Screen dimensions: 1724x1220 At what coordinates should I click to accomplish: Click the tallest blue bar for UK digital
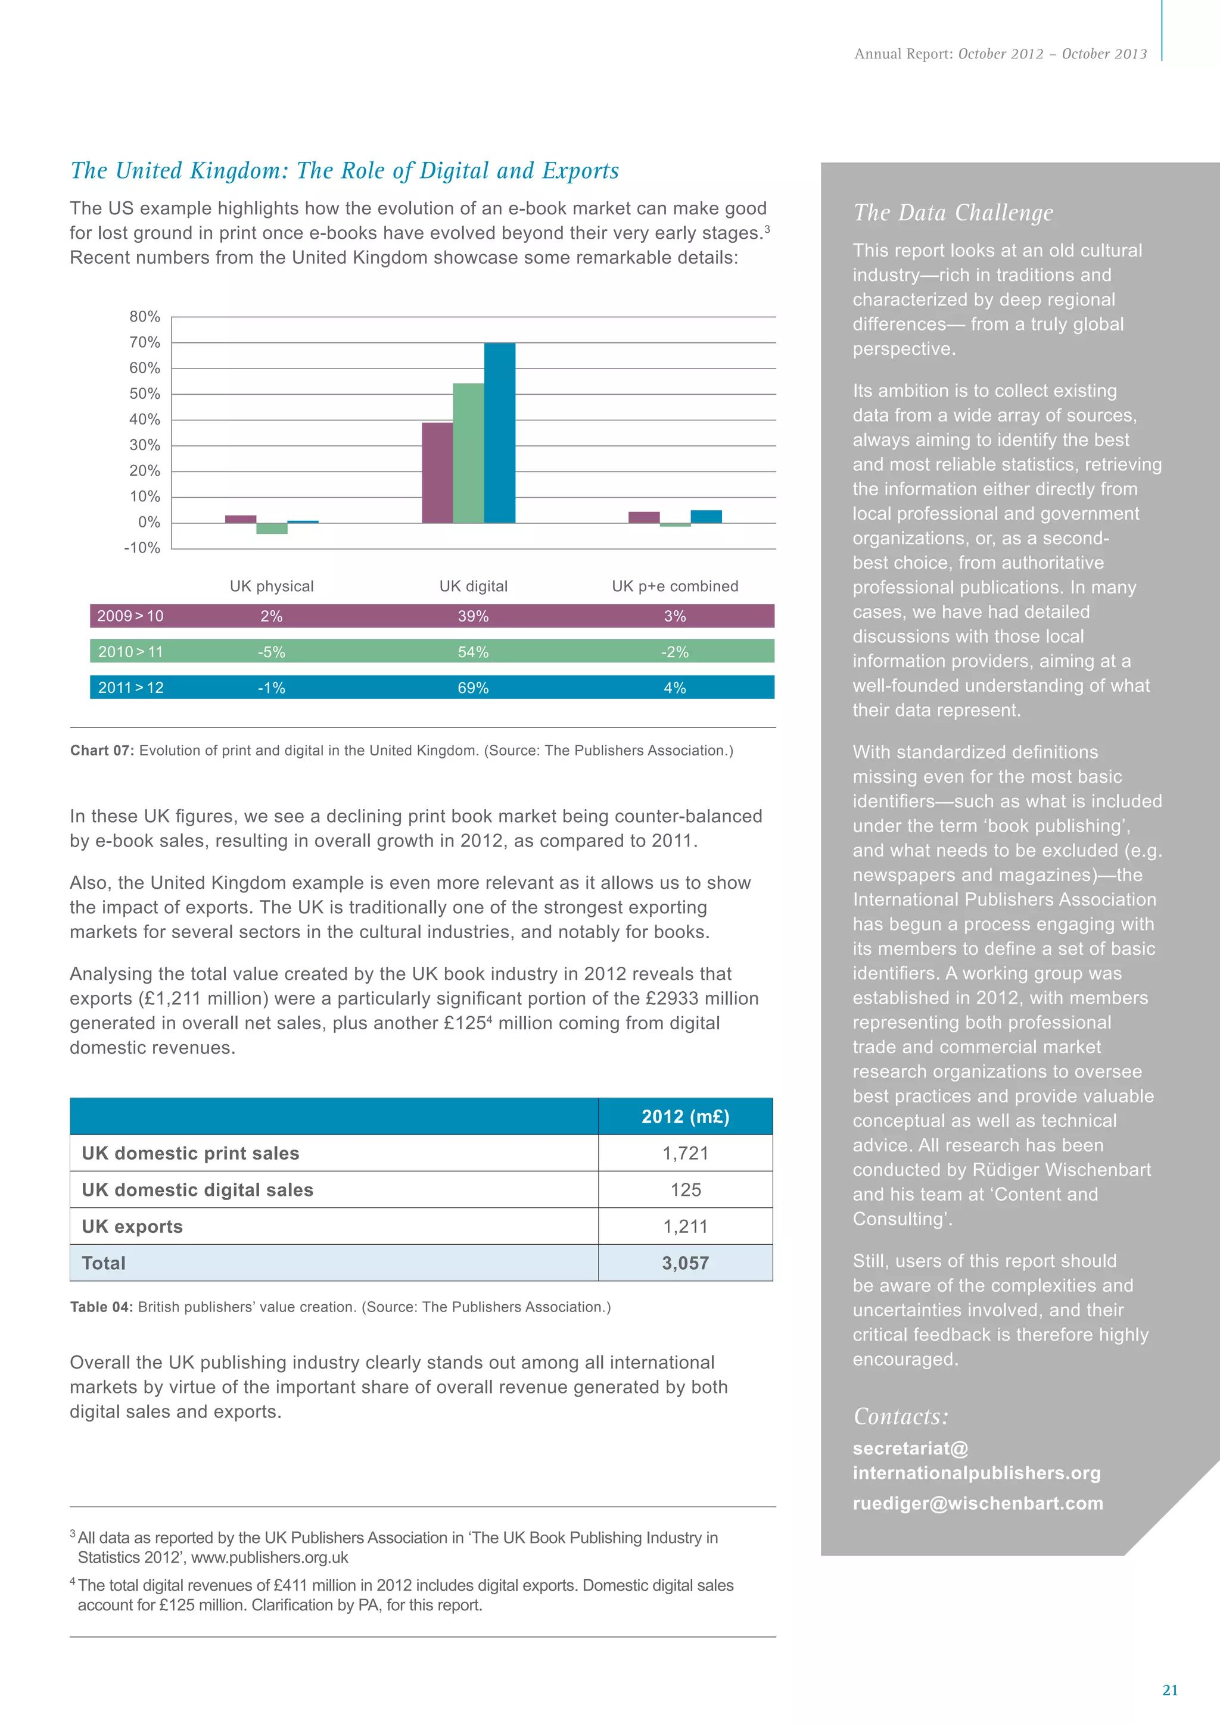point(500,433)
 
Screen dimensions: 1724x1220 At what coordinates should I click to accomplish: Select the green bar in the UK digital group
point(468,453)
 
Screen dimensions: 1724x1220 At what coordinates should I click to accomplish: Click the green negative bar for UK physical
point(272,529)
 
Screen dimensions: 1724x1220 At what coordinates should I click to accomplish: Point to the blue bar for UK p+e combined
point(706,517)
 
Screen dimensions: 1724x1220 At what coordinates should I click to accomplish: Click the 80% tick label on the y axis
point(144,317)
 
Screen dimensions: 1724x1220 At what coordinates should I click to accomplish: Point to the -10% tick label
point(142,548)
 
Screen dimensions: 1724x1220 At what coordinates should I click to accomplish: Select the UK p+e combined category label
point(674,586)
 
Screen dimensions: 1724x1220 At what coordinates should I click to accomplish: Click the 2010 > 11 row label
point(130,652)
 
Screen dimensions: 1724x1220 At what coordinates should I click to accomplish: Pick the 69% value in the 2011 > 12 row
point(473,688)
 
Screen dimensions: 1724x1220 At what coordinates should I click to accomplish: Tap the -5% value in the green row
point(271,652)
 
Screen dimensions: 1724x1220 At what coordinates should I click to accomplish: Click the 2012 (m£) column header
point(685,1117)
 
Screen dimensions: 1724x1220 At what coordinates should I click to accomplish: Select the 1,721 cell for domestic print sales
point(685,1153)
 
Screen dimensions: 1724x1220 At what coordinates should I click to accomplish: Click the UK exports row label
point(132,1226)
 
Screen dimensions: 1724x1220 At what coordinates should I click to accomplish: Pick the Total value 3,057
point(685,1263)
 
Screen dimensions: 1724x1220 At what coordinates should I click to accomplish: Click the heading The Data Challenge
point(953,213)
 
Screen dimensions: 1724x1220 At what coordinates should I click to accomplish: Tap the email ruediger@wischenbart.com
point(978,1503)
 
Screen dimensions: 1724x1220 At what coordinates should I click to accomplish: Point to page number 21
point(1170,1689)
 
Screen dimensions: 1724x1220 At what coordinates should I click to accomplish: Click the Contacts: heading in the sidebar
point(901,1416)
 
